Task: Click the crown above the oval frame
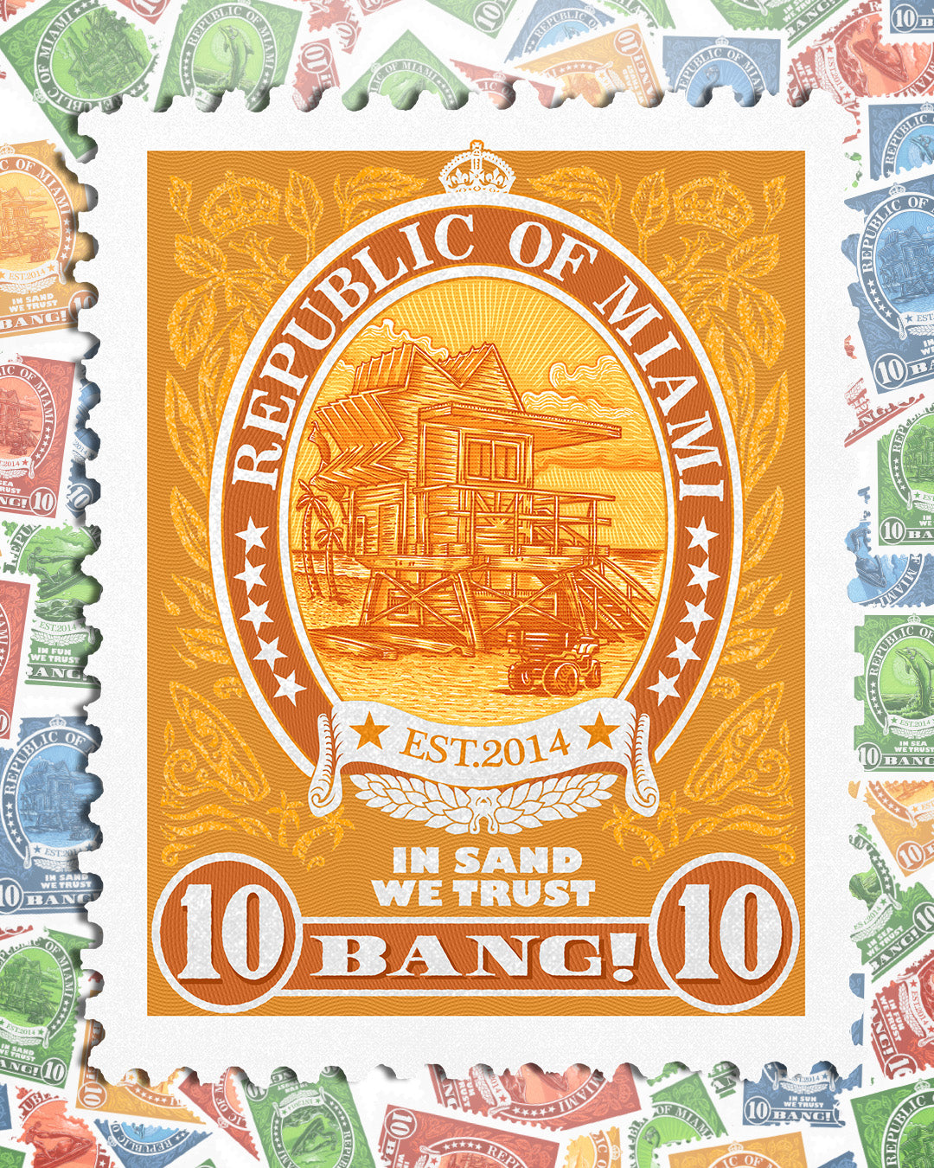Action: coord(477,170)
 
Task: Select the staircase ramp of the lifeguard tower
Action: coord(618,588)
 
